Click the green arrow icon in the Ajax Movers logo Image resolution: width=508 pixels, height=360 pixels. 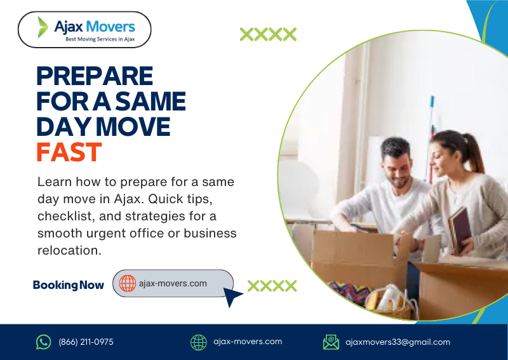point(43,27)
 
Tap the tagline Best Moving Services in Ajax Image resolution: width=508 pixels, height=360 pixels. point(100,39)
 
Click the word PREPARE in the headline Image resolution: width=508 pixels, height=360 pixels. point(95,76)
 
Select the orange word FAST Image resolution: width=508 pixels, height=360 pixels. point(69,152)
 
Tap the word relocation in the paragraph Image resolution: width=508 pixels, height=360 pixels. point(69,250)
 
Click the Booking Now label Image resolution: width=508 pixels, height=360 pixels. point(68,285)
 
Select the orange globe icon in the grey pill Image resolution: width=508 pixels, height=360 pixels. point(128,283)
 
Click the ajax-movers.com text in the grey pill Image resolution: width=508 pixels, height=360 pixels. point(173,283)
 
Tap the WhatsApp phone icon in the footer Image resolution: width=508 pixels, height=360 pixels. point(43,342)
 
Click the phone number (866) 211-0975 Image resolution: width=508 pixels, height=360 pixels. point(86,342)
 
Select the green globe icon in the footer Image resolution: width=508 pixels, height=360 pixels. point(199,342)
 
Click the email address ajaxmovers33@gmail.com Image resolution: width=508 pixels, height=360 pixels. point(398,342)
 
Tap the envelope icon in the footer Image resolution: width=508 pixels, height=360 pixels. point(331,342)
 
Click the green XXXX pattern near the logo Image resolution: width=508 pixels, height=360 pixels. point(268,34)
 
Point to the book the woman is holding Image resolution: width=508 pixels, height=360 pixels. point(459,229)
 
